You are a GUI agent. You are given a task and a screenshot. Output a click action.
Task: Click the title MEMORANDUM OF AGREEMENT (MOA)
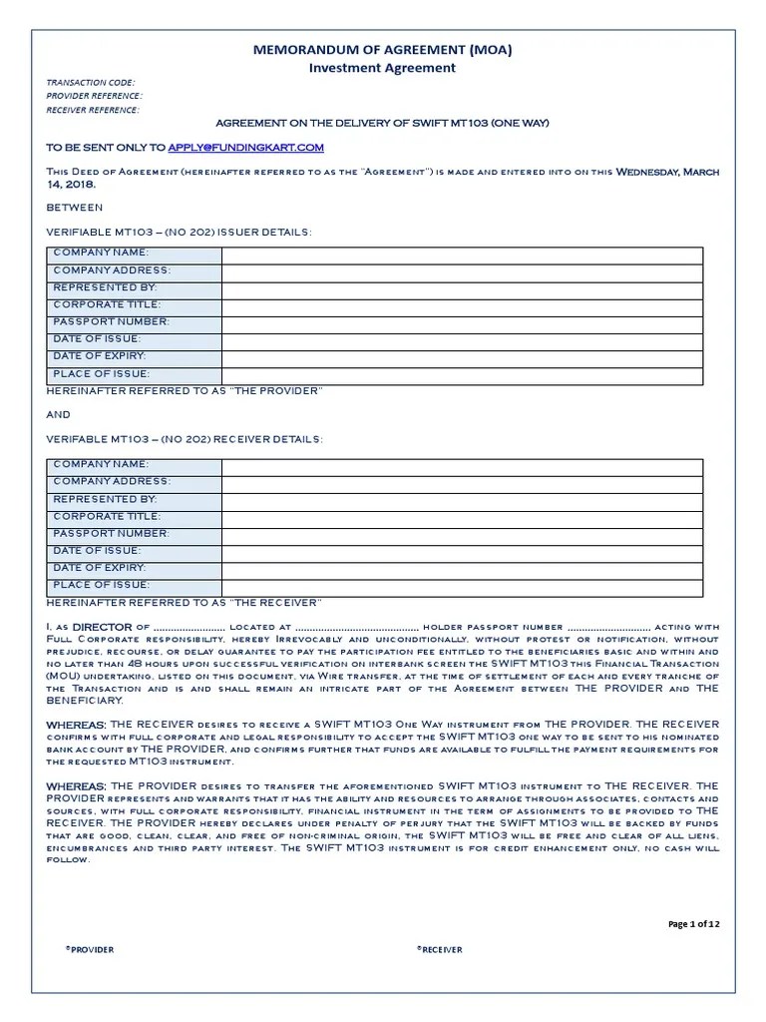(x=383, y=49)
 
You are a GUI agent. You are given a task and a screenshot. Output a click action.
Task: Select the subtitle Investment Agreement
(x=383, y=68)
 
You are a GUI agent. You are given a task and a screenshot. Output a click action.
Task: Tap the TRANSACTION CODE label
(x=91, y=82)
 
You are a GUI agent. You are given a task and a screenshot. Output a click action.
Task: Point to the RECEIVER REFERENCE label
(x=94, y=110)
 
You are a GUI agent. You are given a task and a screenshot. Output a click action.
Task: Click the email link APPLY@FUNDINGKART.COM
(x=246, y=148)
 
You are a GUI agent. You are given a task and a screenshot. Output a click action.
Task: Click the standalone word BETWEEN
(x=75, y=208)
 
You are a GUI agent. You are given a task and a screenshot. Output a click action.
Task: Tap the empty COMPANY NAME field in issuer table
(x=462, y=255)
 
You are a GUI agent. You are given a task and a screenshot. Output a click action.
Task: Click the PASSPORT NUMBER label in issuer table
(x=112, y=322)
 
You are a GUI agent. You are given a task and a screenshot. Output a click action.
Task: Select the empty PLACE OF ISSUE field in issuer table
(x=462, y=374)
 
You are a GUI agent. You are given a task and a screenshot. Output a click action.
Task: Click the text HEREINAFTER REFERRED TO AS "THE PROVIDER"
(x=186, y=390)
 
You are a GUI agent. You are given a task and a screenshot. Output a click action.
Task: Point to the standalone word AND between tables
(x=60, y=414)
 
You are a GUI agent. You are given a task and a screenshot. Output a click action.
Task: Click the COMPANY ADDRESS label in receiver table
(x=112, y=482)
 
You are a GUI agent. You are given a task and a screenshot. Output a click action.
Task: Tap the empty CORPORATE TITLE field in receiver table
(x=462, y=516)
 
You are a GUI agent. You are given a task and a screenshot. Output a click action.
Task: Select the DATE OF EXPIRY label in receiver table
(x=100, y=568)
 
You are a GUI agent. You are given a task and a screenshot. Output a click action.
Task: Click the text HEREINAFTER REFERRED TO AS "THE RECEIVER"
(x=185, y=602)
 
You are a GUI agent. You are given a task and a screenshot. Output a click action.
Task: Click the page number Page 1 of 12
(x=693, y=924)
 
